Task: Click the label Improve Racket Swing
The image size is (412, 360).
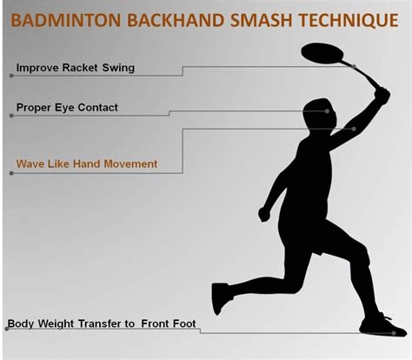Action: [x=76, y=67]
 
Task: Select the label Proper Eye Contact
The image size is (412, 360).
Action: [x=67, y=108]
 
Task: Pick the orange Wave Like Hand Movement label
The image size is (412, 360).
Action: [x=87, y=163]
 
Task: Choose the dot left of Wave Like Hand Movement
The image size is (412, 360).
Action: [x=11, y=172]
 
